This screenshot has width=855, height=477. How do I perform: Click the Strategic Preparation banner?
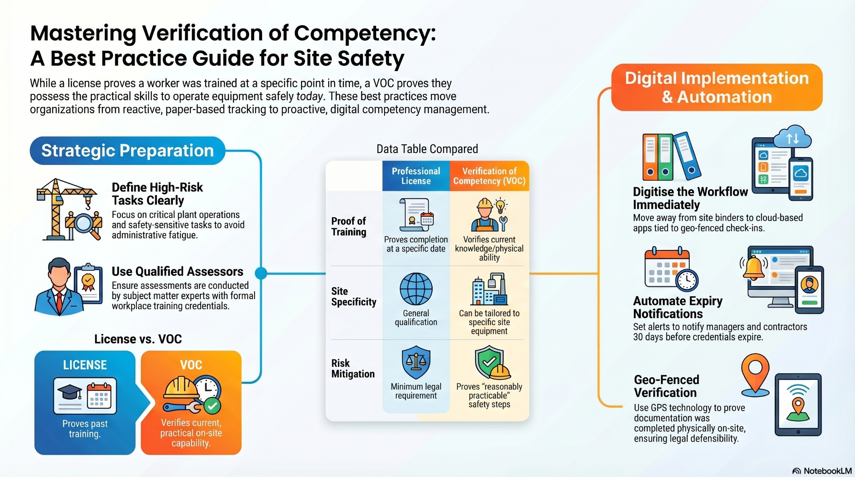tap(127, 151)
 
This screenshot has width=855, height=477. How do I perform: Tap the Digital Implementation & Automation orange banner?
tap(716, 87)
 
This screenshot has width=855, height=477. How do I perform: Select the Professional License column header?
tap(416, 176)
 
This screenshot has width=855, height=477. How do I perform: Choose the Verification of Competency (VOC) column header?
tap(489, 176)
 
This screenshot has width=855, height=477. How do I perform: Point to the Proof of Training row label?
tap(349, 227)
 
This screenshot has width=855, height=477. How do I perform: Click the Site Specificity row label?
tap(354, 297)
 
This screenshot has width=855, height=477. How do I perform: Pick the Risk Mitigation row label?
tap(353, 368)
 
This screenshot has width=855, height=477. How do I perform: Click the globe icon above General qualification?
tap(416, 289)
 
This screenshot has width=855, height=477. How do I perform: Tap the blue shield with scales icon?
tap(416, 361)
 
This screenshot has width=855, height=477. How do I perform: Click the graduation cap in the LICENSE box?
tap(69, 392)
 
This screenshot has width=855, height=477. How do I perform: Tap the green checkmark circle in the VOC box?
tap(212, 405)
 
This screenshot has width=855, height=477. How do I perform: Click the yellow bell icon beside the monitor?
tap(754, 268)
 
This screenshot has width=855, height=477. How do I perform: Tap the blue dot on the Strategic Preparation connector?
tap(261, 273)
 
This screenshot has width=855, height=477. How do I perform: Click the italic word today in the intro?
tap(309, 96)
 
